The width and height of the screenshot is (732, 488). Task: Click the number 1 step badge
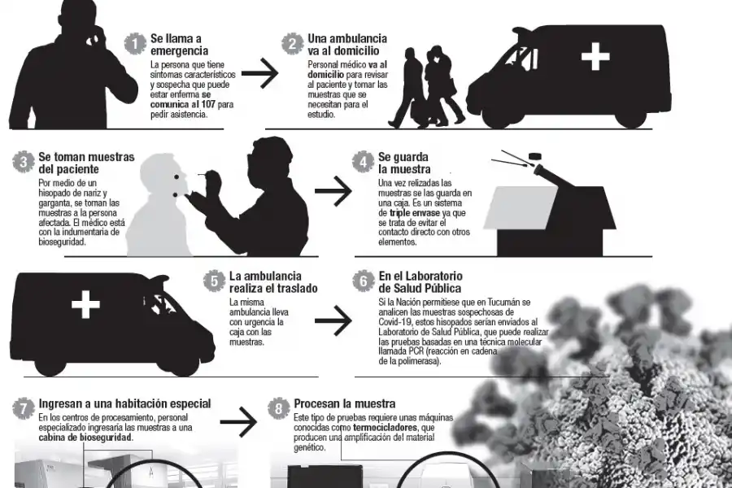pos(136,45)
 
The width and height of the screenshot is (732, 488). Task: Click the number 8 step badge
pos(279,404)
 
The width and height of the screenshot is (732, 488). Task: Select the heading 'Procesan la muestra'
pos(345,403)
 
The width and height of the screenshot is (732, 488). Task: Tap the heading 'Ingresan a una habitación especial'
pos(125,403)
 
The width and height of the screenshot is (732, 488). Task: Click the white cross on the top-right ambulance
pos(595,57)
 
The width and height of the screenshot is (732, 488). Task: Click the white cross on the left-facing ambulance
pos(85,306)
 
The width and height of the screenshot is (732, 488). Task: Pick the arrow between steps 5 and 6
pos(333,320)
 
